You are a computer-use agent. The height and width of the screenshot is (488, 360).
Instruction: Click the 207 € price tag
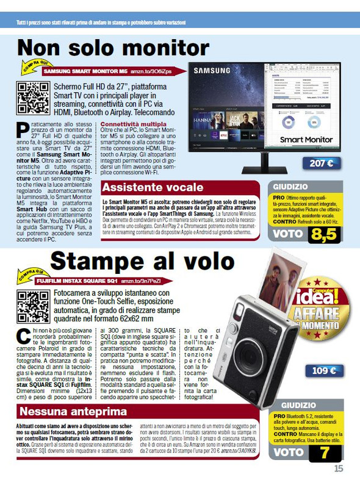321,163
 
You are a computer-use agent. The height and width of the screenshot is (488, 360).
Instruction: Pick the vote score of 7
324,452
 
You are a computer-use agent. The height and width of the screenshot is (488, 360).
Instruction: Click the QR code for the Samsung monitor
33,98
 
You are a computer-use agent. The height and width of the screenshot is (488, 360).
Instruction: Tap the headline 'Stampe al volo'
142,260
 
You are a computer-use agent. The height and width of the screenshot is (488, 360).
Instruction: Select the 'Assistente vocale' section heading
153,187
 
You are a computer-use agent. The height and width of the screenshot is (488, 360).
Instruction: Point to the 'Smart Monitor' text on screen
306,140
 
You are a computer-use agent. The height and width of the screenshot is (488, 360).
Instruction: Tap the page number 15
339,468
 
